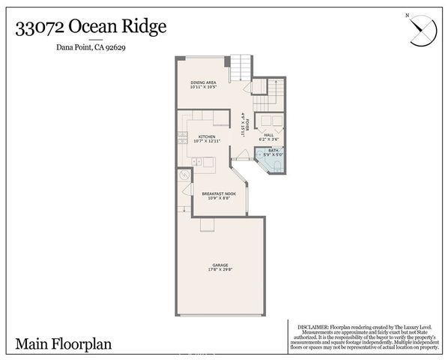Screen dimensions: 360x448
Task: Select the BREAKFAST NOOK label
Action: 219,193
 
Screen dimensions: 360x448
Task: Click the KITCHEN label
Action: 207,136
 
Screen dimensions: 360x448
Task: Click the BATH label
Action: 273,151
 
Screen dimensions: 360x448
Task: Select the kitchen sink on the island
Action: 196,161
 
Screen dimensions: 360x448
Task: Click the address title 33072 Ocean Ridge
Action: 89,27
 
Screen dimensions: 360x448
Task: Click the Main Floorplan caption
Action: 63,343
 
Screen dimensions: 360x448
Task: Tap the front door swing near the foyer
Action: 240,153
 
